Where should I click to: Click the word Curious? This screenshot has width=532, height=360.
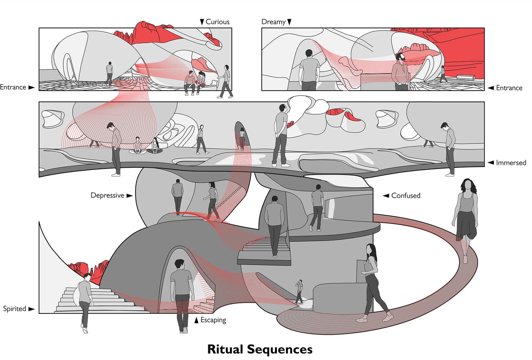click(217, 22)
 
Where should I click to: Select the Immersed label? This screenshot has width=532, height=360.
click(511, 163)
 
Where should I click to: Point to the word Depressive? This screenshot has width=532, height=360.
click(107, 195)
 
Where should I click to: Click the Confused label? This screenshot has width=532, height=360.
click(405, 195)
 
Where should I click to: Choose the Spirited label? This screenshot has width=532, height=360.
click(14, 309)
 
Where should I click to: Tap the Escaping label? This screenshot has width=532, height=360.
click(213, 320)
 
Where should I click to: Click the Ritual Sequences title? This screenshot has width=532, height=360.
click(260, 349)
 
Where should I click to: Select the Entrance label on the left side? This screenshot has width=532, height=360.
click(13, 87)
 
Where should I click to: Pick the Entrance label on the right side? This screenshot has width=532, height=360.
click(509, 88)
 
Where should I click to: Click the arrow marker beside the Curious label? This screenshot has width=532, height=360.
click(202, 22)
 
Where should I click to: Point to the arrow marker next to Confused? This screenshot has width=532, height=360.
click(386, 195)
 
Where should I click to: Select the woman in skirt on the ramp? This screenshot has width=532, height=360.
click(467, 216)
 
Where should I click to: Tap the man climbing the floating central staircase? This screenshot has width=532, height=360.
click(274, 225)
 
